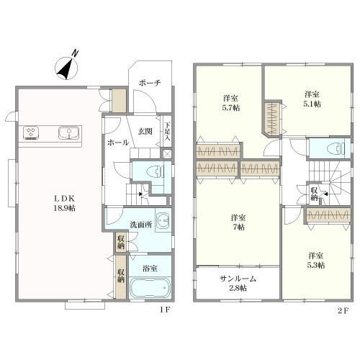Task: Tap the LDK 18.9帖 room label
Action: coord(64,203)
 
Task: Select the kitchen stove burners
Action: coord(31,132)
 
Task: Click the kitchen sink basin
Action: coord(69,132)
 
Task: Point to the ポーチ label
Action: coord(150,83)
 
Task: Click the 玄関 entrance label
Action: coord(145,131)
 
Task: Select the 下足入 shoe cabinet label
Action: coord(167,132)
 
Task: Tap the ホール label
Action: coord(118,143)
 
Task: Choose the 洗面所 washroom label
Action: coord(140,225)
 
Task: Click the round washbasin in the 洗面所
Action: coord(164,220)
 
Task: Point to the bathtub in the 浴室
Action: coord(150,288)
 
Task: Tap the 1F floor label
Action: coord(165,310)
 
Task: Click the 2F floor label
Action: coord(343,311)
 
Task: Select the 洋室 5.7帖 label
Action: coord(231,103)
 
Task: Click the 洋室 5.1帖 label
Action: coord(312,99)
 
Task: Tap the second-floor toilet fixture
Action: coord(336,148)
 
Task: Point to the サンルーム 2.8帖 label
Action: coord(238,283)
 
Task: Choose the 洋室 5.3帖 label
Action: coord(316,260)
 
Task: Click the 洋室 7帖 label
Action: coord(238,222)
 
